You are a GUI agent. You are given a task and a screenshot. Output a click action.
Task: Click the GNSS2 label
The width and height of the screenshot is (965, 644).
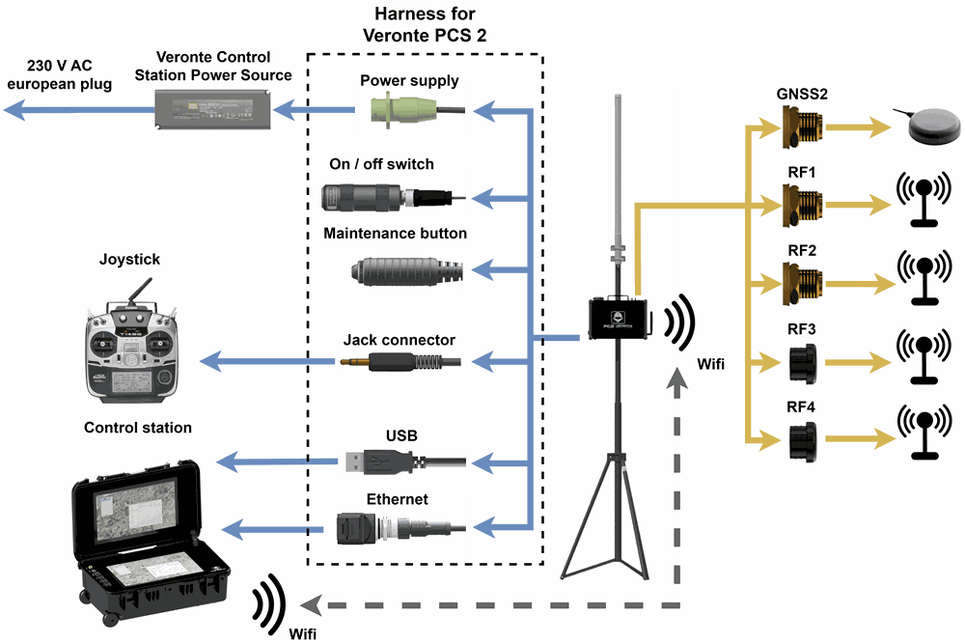(801, 94)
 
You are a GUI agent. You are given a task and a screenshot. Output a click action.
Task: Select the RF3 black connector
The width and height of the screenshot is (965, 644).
(802, 362)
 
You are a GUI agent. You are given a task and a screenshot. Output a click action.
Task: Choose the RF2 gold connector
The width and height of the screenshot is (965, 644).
(802, 281)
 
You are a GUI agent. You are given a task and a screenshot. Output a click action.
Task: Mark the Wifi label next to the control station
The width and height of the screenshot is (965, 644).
(301, 634)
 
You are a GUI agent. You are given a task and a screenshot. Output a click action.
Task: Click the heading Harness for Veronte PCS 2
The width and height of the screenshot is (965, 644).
(424, 25)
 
